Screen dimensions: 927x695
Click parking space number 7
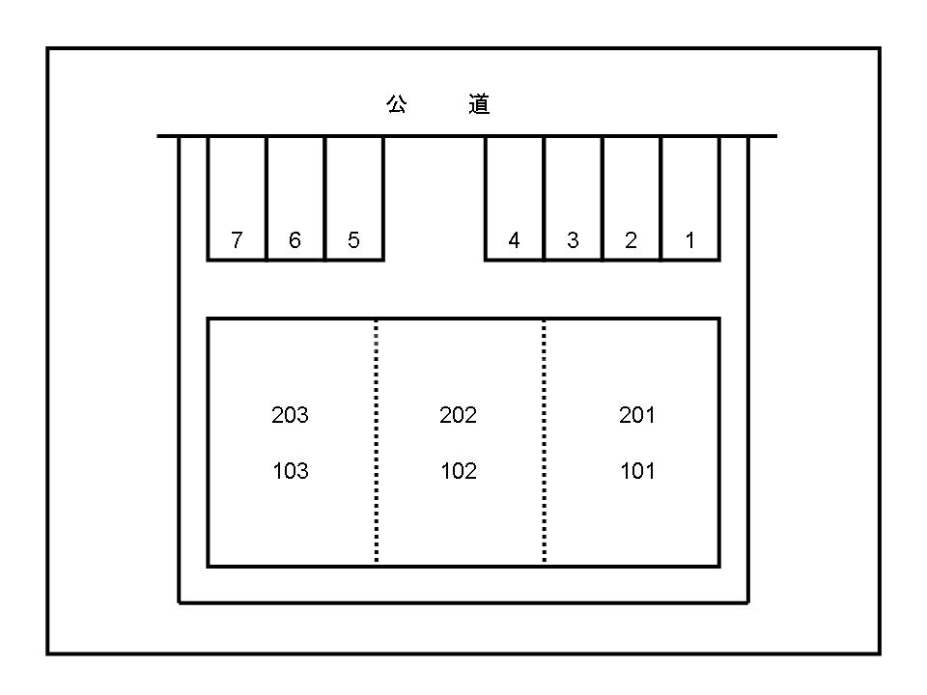(238, 198)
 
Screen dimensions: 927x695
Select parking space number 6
(295, 198)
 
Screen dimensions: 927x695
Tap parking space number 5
(354, 198)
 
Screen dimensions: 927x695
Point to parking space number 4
(515, 198)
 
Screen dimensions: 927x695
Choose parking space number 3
(573, 198)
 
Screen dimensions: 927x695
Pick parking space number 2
(632, 198)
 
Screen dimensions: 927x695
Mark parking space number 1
(689, 198)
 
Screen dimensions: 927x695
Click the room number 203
(291, 415)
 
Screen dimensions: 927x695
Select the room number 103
(291, 471)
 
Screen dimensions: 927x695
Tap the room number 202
(458, 415)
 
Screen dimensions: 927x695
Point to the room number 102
(459, 471)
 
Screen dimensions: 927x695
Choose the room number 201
(637, 415)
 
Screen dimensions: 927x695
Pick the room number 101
(638, 471)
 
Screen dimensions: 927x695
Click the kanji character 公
(397, 104)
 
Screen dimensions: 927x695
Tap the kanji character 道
(479, 104)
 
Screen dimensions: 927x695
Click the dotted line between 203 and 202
(377, 442)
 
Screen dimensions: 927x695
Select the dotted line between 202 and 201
(545, 442)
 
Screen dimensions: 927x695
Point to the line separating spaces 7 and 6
(267, 199)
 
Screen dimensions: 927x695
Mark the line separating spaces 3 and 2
(602, 199)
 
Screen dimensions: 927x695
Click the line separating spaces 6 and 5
(325, 199)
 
